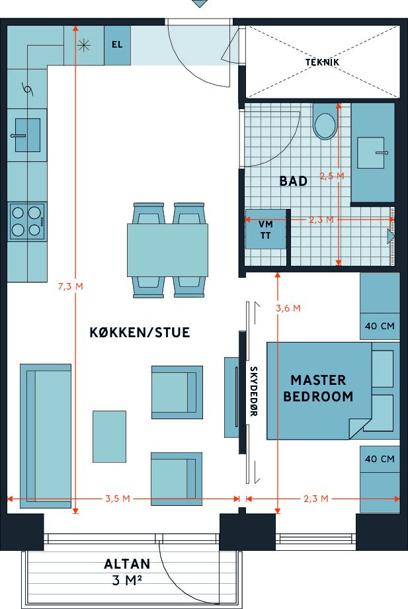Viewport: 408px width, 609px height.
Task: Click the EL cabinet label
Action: tap(117, 45)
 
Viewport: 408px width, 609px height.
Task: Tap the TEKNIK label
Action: tap(322, 62)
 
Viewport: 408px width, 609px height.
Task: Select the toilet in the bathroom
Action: tap(325, 122)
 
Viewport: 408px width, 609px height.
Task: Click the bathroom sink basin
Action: tap(371, 153)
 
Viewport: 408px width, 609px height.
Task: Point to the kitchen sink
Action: tap(27, 135)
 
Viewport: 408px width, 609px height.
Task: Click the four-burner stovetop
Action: tap(27, 222)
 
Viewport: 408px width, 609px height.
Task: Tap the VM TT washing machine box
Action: tap(266, 229)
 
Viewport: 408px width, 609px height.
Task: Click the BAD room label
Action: tap(294, 181)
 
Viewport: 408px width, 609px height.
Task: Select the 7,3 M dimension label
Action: tap(70, 286)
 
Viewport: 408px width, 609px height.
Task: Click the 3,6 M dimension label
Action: tap(288, 308)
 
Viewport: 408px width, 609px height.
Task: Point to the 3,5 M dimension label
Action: tap(118, 499)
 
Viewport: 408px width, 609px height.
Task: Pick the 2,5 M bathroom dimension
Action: tap(332, 176)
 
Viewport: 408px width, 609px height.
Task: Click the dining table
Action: tap(167, 250)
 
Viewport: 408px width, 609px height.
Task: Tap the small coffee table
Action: tap(109, 436)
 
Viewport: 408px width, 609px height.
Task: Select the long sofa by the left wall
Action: tap(46, 436)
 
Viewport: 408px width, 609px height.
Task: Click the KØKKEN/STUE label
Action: tap(140, 333)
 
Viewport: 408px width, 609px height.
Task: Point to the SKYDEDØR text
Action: tap(253, 391)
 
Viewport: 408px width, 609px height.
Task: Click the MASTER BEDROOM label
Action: tap(318, 388)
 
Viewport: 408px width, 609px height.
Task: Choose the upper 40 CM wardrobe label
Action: tap(380, 326)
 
